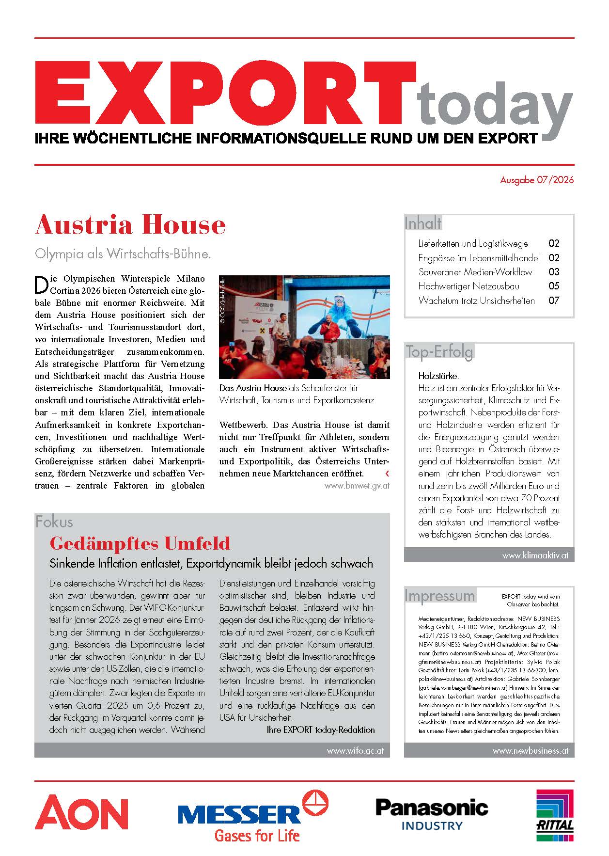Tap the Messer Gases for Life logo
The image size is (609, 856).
click(253, 817)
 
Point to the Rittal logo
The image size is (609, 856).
click(555, 815)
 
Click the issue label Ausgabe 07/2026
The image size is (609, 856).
click(536, 180)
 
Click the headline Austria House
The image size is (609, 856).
click(130, 225)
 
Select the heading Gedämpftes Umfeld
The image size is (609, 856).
click(140, 543)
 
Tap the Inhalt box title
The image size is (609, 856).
click(423, 223)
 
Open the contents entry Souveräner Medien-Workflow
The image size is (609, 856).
click(475, 272)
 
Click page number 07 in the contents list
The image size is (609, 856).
click(554, 301)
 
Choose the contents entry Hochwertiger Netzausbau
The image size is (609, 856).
click(468, 286)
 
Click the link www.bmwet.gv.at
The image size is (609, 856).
click(357, 485)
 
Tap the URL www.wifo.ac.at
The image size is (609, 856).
click(355, 750)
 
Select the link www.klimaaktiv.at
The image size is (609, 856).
click(535, 555)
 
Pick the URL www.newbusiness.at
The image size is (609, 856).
click(530, 751)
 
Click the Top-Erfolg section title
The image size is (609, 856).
click(439, 351)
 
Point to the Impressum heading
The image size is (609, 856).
click(440, 595)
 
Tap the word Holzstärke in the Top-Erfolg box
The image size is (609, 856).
click(438, 376)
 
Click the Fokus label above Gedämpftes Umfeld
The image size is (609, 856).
click(54, 522)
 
